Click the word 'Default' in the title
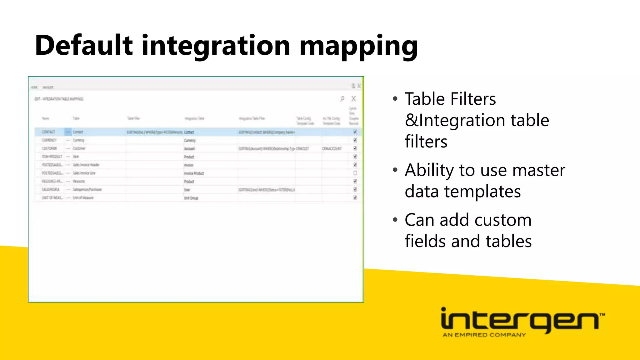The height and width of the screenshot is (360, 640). pyautogui.click(x=84, y=46)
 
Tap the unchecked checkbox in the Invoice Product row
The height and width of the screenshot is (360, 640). pyautogui.click(x=355, y=173)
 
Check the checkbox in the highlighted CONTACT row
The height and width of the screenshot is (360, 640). pyautogui.click(x=355, y=132)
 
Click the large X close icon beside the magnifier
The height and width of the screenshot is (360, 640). pyautogui.click(x=353, y=99)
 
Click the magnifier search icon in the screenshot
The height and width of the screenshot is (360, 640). pyautogui.click(x=342, y=99)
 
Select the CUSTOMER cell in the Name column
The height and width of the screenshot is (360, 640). pyautogui.click(x=49, y=148)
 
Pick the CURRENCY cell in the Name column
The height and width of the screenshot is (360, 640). pyautogui.click(x=49, y=140)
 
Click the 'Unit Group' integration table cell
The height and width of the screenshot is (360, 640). pyautogui.click(x=191, y=198)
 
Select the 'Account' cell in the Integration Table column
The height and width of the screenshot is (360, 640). pyautogui.click(x=189, y=148)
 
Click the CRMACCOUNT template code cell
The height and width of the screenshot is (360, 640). pyautogui.click(x=332, y=148)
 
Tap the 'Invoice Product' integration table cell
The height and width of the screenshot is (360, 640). pyautogui.click(x=194, y=173)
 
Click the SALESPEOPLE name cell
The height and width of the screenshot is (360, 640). pyautogui.click(x=51, y=189)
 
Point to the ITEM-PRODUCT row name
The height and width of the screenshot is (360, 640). pyautogui.click(x=52, y=157)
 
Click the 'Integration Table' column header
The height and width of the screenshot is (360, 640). pyautogui.click(x=194, y=118)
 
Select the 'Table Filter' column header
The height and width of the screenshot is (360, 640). pyautogui.click(x=133, y=118)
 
